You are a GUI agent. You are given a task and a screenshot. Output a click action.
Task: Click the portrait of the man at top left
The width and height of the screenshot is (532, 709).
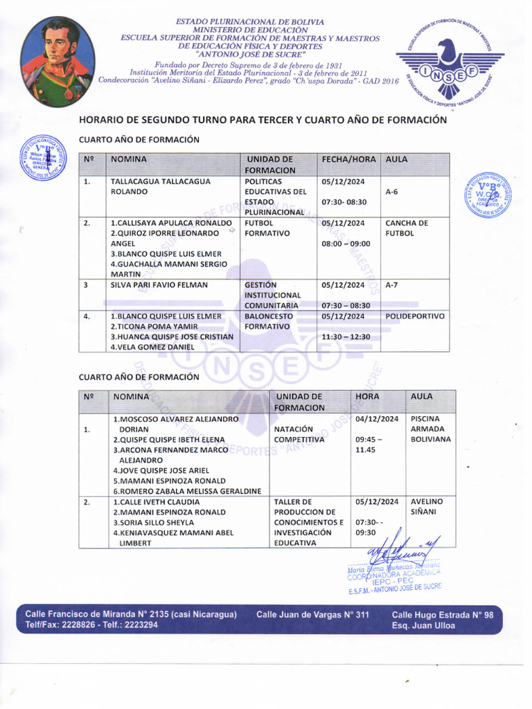point(57,61)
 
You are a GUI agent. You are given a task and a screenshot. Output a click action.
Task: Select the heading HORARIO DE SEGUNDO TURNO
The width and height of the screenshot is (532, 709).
point(263,120)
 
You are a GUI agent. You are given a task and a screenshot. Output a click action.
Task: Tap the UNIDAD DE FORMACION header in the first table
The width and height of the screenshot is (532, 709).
point(271,164)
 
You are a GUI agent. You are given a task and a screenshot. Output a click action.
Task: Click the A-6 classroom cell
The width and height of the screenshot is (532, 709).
point(392,191)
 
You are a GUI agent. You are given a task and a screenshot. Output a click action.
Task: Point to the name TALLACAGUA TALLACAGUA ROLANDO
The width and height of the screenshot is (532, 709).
point(161,186)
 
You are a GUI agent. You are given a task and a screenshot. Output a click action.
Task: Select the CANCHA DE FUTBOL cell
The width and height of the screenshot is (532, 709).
point(407,228)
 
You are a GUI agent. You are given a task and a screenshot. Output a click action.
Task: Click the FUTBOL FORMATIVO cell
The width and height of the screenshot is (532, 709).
point(267,228)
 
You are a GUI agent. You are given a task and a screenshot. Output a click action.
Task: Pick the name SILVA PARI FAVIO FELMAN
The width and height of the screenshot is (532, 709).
point(159,285)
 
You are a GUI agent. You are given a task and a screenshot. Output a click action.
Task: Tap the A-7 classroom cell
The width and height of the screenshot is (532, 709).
point(392,285)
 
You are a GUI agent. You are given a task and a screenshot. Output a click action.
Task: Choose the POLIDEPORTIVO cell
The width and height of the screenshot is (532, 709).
point(415,316)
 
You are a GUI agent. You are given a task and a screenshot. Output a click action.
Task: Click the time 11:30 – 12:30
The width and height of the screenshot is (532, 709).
point(346,336)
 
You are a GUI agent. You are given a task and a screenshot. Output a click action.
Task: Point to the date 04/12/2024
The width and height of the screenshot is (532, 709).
point(377,419)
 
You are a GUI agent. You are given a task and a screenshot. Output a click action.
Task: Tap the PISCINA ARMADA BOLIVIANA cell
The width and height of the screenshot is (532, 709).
point(430,429)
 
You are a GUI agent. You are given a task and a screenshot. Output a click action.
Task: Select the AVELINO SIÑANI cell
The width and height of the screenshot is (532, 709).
point(427,506)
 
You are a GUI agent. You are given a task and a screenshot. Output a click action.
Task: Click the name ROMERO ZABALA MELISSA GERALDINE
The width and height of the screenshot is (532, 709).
point(187,491)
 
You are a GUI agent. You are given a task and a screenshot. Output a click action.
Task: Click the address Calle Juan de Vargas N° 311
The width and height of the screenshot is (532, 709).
point(312,614)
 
